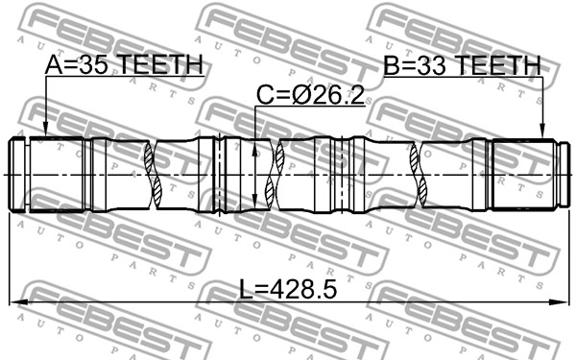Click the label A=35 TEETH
point(124,64)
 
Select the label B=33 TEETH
point(462,65)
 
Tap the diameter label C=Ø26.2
point(310,95)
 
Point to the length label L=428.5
point(288,289)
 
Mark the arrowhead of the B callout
point(541,132)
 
